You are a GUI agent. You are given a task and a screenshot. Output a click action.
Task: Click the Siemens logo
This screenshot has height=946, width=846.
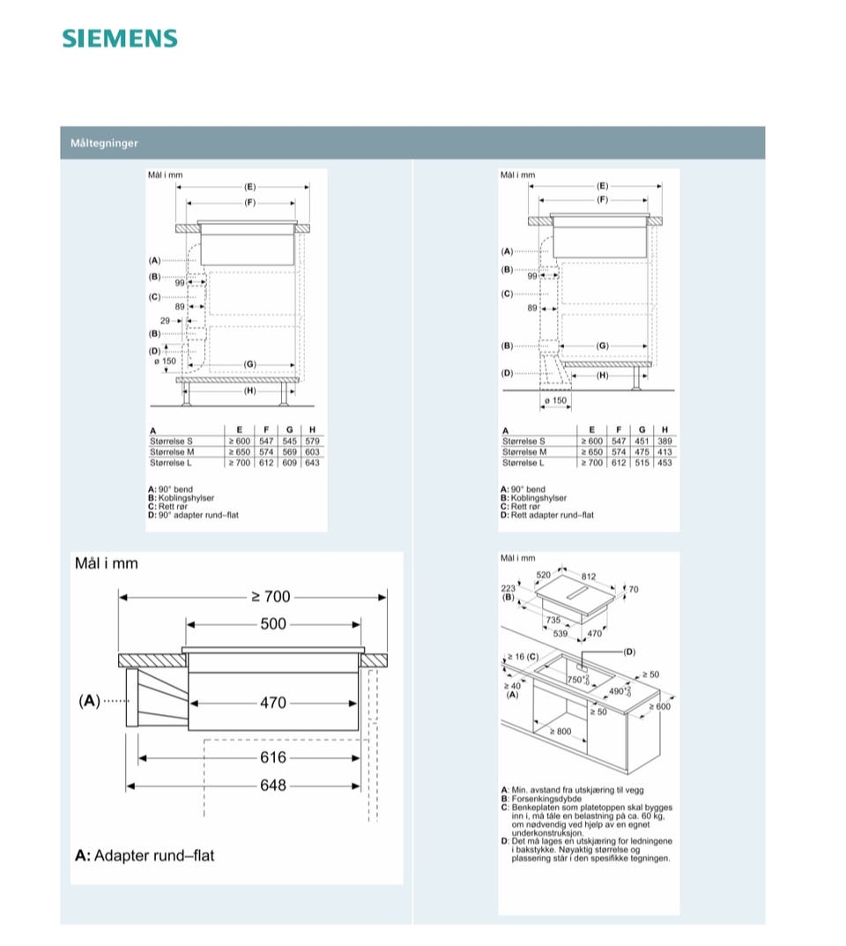click(120, 39)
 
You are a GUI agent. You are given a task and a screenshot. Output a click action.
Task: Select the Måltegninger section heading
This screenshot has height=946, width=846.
click(105, 143)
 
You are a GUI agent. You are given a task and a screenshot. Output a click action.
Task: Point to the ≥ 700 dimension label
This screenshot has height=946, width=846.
click(271, 597)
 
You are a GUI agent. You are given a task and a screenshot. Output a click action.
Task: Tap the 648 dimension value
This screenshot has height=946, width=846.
click(273, 785)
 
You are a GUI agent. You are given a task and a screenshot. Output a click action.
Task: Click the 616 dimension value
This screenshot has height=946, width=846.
click(273, 757)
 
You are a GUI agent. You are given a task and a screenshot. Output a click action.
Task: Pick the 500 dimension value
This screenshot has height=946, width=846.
click(273, 624)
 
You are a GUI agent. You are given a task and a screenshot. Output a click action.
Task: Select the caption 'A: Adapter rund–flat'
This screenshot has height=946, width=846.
click(145, 855)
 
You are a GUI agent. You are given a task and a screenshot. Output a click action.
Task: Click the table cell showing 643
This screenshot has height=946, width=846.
click(312, 463)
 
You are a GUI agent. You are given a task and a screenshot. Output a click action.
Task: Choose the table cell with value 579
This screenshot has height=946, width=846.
click(312, 441)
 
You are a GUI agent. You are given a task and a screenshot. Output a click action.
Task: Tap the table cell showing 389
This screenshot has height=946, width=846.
click(664, 441)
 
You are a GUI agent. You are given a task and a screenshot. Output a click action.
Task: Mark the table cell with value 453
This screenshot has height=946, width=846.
click(664, 463)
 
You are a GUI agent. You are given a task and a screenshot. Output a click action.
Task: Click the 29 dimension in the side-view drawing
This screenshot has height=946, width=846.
click(165, 321)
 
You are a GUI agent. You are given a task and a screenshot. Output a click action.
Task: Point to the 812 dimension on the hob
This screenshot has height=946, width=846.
click(590, 577)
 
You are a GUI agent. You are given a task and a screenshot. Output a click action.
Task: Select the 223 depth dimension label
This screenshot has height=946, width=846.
click(508, 588)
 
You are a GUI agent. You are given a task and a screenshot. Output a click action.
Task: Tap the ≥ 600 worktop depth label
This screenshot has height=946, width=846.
click(660, 706)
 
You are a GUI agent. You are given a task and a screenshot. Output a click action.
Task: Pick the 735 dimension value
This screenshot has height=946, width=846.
click(553, 621)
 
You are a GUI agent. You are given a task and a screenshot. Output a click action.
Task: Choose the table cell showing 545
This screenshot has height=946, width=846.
click(289, 441)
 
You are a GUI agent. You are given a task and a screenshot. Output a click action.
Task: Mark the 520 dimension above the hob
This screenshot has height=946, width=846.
click(545, 575)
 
